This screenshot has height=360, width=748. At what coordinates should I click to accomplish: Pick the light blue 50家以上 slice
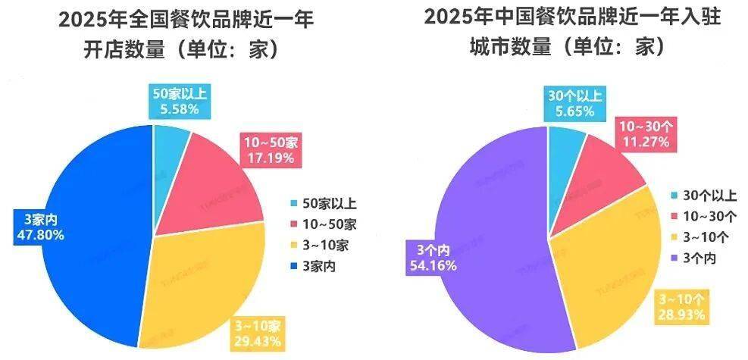[x=171, y=140]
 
